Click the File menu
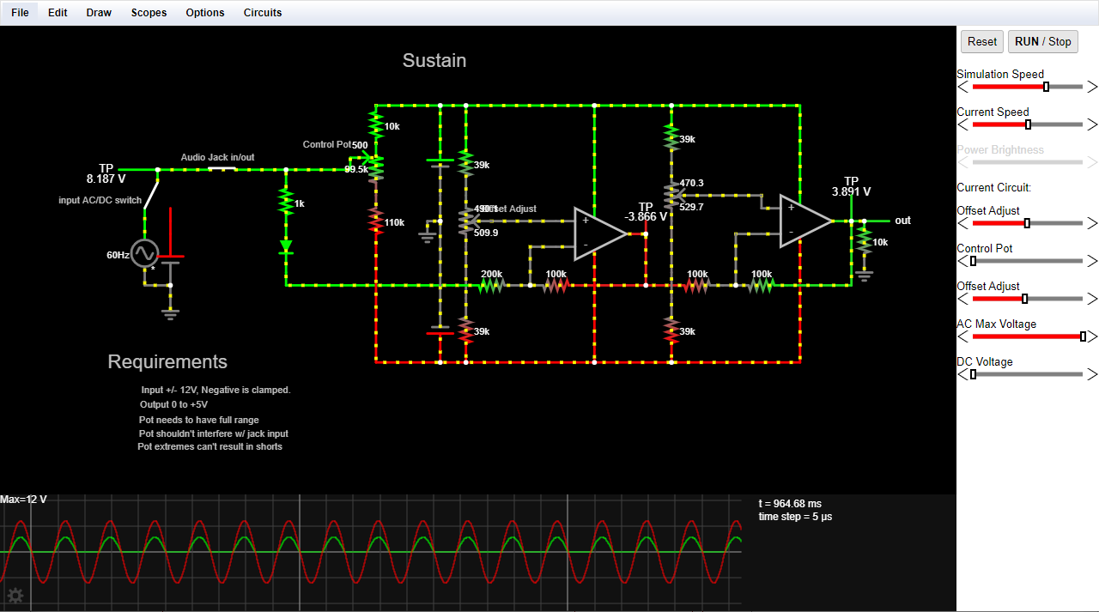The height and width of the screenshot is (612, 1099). (20, 13)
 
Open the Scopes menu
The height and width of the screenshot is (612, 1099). (149, 13)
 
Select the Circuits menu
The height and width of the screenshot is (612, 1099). (263, 13)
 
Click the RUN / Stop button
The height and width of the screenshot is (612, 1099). (1042, 41)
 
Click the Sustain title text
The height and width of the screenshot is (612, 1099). (434, 61)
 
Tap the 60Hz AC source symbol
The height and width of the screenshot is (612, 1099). (144, 254)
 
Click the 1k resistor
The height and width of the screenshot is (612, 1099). (286, 203)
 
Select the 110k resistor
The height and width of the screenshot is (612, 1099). (375, 221)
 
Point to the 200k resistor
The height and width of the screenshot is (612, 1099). (491, 285)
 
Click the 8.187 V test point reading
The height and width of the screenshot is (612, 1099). (106, 179)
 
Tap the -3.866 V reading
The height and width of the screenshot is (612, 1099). (646, 217)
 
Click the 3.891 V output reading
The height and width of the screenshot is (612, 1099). (851, 192)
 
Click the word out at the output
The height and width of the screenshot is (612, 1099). (902, 221)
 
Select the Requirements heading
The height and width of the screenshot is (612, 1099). (167, 362)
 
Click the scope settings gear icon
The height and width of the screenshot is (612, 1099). (15, 596)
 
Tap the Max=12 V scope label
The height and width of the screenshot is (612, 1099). (24, 500)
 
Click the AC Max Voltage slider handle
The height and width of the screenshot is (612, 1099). (1083, 336)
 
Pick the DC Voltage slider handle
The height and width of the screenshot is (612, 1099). (973, 374)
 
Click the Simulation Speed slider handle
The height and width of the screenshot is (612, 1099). (1046, 87)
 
